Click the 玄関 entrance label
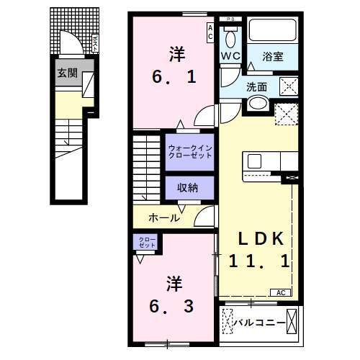click(x=68, y=73)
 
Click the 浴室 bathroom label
click(x=272, y=55)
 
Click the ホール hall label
click(x=164, y=217)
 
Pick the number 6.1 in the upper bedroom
click(x=174, y=75)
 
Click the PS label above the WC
click(x=230, y=19)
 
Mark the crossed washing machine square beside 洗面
click(x=288, y=86)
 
